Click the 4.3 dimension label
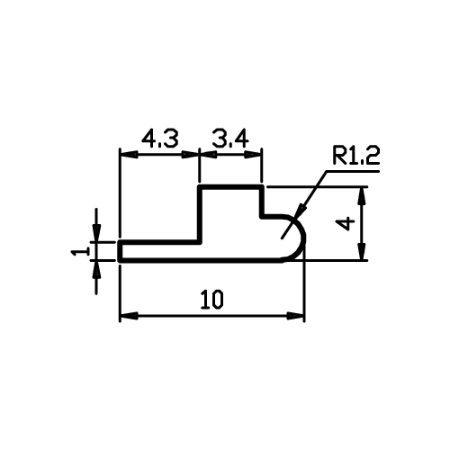coord(160,139)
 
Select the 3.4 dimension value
coord(230,139)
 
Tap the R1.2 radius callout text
coord(355,156)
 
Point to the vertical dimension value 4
coord(347,224)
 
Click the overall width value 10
coord(212,300)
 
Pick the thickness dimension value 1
coord(81,250)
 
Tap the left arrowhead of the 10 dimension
coord(129,316)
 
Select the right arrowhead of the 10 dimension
coord(295,316)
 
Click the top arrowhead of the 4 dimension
coord(363,195)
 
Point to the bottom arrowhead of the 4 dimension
coord(363,251)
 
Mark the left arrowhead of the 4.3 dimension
coord(129,155)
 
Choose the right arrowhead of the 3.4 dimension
coord(254,155)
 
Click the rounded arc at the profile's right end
coord(303,237)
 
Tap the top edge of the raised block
coord(231,187)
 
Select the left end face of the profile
coord(120,251)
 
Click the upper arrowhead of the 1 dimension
coord(96,232)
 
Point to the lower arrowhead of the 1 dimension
coord(96,270)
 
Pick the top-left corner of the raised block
coord(200,187)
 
